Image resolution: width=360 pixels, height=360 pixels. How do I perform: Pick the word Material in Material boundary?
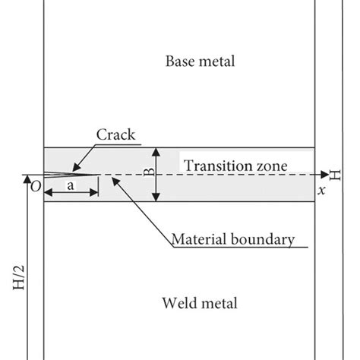tap(197, 239)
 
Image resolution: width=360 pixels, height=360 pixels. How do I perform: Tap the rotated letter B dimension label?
tap(148, 173)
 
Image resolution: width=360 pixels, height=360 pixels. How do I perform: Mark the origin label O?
tap(33, 185)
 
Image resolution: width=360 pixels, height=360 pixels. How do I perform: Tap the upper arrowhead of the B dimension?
tap(156, 150)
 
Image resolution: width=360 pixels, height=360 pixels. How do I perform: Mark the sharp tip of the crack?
tap(99, 174)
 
